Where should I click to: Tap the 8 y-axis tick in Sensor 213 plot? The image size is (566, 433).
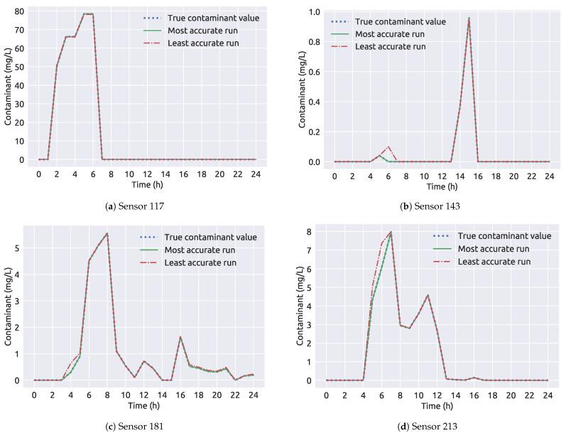pos(311,232)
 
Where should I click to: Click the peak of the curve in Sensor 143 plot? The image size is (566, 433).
pos(469,18)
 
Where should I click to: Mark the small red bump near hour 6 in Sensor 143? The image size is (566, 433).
pos(388,147)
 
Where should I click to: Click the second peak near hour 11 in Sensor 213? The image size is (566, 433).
pos(428,295)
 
